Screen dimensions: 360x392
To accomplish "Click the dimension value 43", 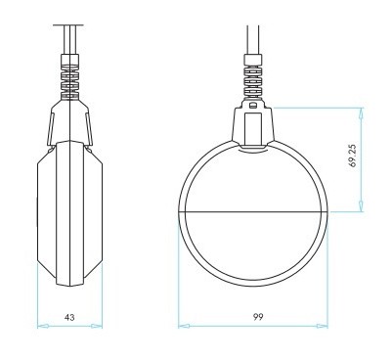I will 68,317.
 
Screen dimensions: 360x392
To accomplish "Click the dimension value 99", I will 255,317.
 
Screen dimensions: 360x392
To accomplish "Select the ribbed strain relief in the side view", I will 69,77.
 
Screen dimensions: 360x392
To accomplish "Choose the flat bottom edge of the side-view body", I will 69,286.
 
